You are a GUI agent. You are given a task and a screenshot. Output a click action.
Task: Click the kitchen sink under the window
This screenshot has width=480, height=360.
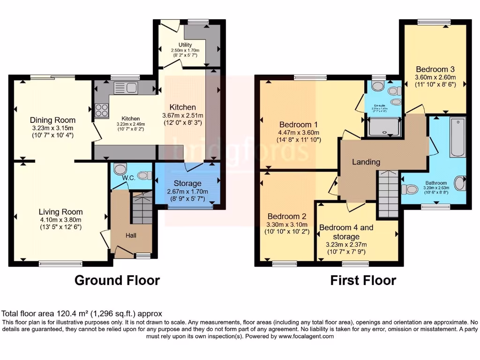(125, 87)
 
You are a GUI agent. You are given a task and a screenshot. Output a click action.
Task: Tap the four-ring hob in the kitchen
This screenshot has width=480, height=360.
(102, 110)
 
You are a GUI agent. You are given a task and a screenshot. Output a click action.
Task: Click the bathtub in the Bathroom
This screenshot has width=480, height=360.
(457, 137)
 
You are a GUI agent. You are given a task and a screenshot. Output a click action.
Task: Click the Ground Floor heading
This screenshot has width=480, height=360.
(117, 280)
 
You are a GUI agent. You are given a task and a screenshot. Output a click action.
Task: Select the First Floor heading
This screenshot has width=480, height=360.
(363, 280)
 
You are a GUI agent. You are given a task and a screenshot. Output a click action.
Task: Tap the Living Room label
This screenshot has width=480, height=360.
(60, 211)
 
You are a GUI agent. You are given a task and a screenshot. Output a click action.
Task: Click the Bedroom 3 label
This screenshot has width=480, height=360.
(435, 68)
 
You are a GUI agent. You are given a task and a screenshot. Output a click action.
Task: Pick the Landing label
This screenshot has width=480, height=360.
(366, 162)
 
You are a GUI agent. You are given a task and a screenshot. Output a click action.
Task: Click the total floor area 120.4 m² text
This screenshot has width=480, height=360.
(82, 314)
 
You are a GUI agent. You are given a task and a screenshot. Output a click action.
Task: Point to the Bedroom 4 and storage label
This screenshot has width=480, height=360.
(346, 232)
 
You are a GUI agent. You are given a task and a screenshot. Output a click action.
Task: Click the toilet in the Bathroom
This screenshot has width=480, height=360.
(410, 189)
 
